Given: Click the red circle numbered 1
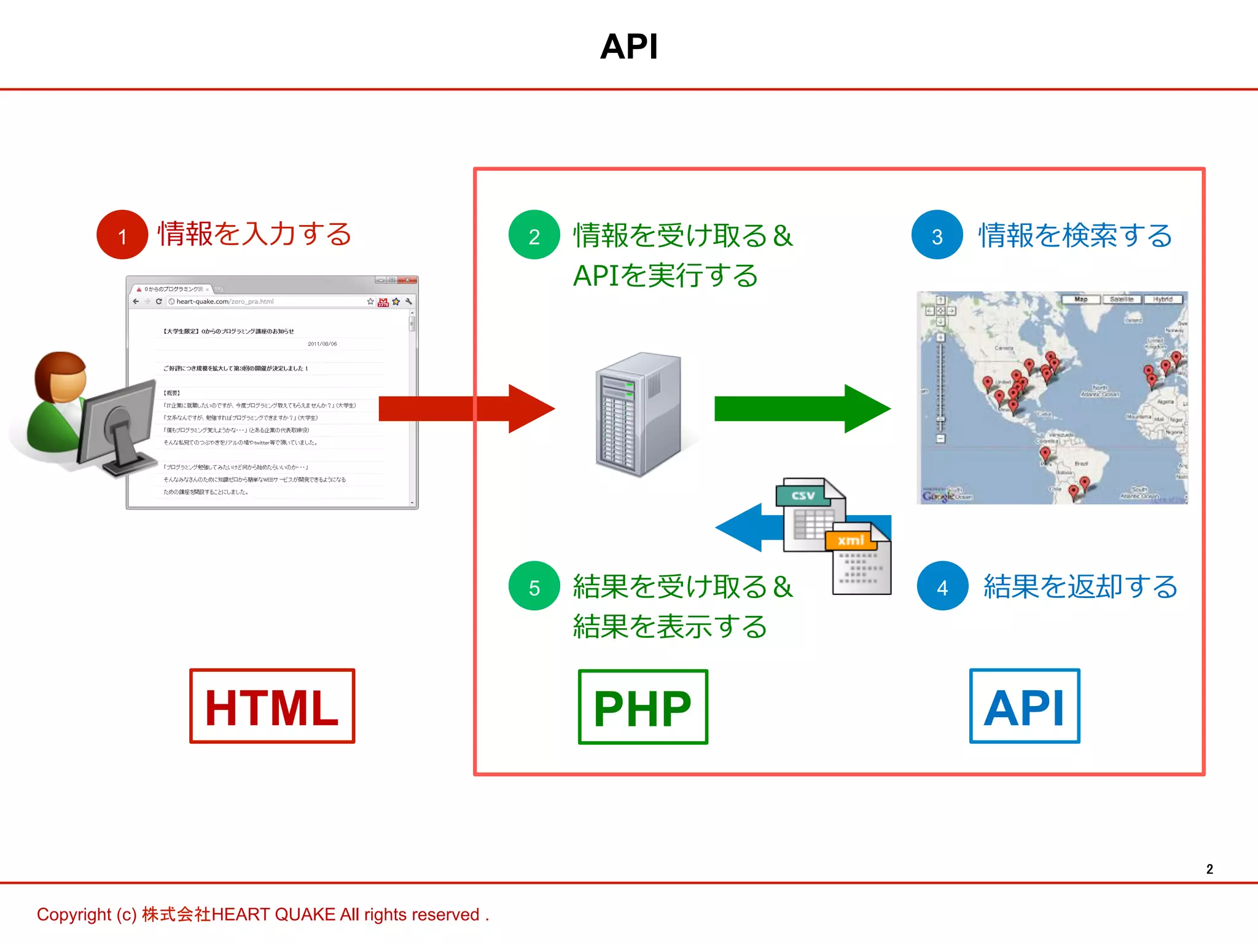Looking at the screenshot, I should pyautogui.click(x=122, y=235).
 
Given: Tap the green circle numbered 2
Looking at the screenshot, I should pyautogui.click(x=534, y=235).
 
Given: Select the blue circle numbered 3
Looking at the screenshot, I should pyautogui.click(x=937, y=235).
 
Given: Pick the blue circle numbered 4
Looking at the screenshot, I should pyautogui.click(x=942, y=586).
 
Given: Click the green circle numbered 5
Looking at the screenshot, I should pyautogui.click(x=534, y=586).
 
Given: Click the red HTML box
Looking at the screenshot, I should pyautogui.click(x=272, y=706).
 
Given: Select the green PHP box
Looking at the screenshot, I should pyautogui.click(x=643, y=707).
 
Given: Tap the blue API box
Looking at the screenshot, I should pyautogui.click(x=1024, y=706).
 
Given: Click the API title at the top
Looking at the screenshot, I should pyautogui.click(x=629, y=47).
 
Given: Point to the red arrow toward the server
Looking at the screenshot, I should pyautogui.click(x=467, y=409).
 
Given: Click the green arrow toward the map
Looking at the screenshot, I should pyautogui.click(x=802, y=409).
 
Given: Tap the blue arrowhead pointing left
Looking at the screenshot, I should pyautogui.click(x=740, y=527).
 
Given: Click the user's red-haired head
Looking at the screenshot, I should pyautogui.click(x=60, y=376).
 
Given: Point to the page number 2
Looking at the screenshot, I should pyautogui.click(x=1209, y=869).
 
